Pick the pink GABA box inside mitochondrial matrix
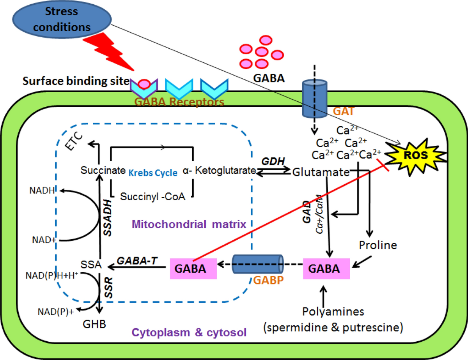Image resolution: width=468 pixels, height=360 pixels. pos(188,268)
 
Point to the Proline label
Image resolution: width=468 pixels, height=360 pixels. pos(378,245)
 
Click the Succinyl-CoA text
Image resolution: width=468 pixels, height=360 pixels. pos(152,196)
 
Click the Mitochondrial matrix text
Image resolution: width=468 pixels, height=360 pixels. pos(188,224)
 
